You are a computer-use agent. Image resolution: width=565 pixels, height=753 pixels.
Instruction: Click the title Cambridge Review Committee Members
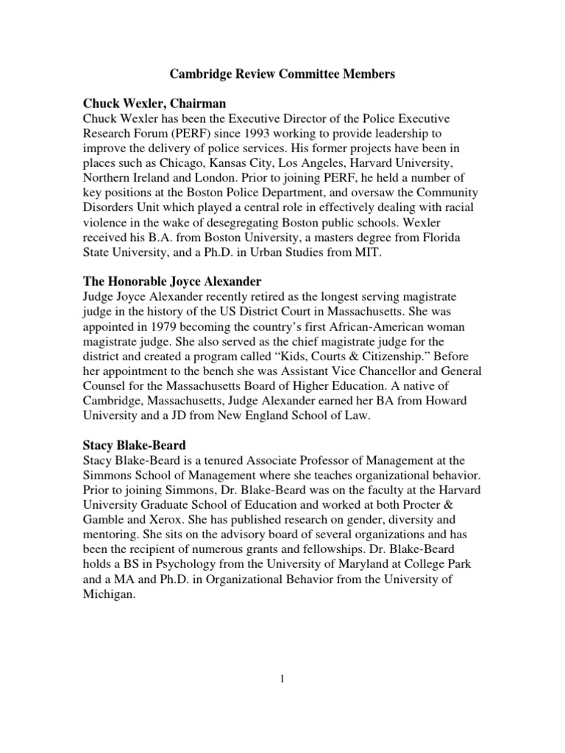tap(282, 74)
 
